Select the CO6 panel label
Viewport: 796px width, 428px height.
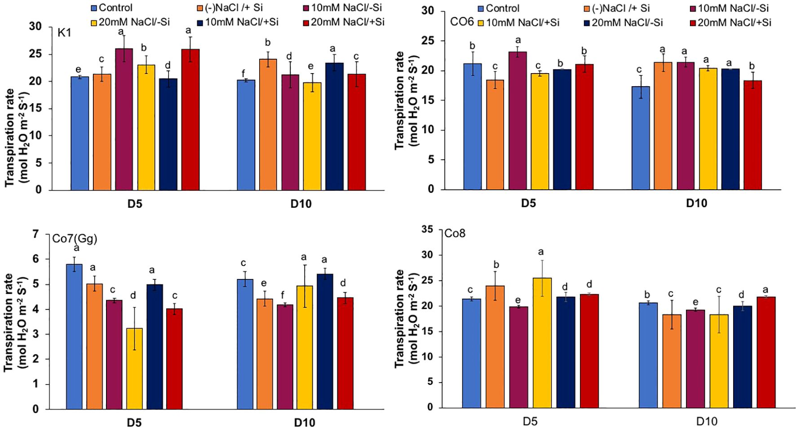point(462,21)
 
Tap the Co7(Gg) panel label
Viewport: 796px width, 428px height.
point(75,239)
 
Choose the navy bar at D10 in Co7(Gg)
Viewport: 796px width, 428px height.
point(325,341)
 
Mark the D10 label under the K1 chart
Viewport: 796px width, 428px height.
point(301,204)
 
